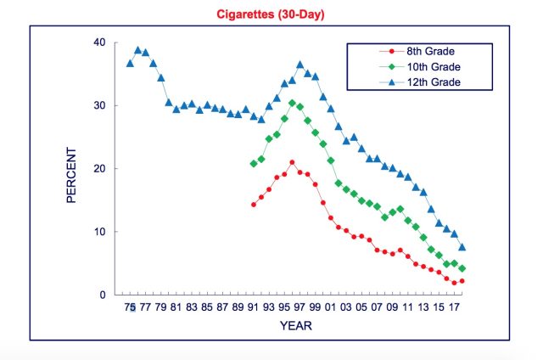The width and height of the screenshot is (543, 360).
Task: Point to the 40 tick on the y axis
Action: click(100, 42)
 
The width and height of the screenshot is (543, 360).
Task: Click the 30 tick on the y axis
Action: click(100, 105)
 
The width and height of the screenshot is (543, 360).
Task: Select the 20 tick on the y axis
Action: click(100, 168)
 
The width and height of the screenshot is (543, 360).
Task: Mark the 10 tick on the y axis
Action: click(100, 231)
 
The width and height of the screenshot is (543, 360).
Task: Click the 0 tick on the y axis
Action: click(104, 295)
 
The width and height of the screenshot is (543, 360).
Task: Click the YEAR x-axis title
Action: click(297, 325)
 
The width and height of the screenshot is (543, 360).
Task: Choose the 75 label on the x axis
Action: click(130, 308)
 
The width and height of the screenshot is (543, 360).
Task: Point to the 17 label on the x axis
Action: click(454, 308)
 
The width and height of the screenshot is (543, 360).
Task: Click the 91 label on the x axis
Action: click(253, 308)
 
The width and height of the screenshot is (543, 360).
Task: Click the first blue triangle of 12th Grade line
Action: click(130, 63)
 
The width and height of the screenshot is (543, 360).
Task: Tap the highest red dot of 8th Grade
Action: click(292, 162)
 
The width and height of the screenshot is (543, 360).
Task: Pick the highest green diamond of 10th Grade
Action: click(292, 104)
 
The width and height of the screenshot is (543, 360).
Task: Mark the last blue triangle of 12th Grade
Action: click(462, 247)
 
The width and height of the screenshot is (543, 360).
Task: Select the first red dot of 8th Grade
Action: click(253, 205)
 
